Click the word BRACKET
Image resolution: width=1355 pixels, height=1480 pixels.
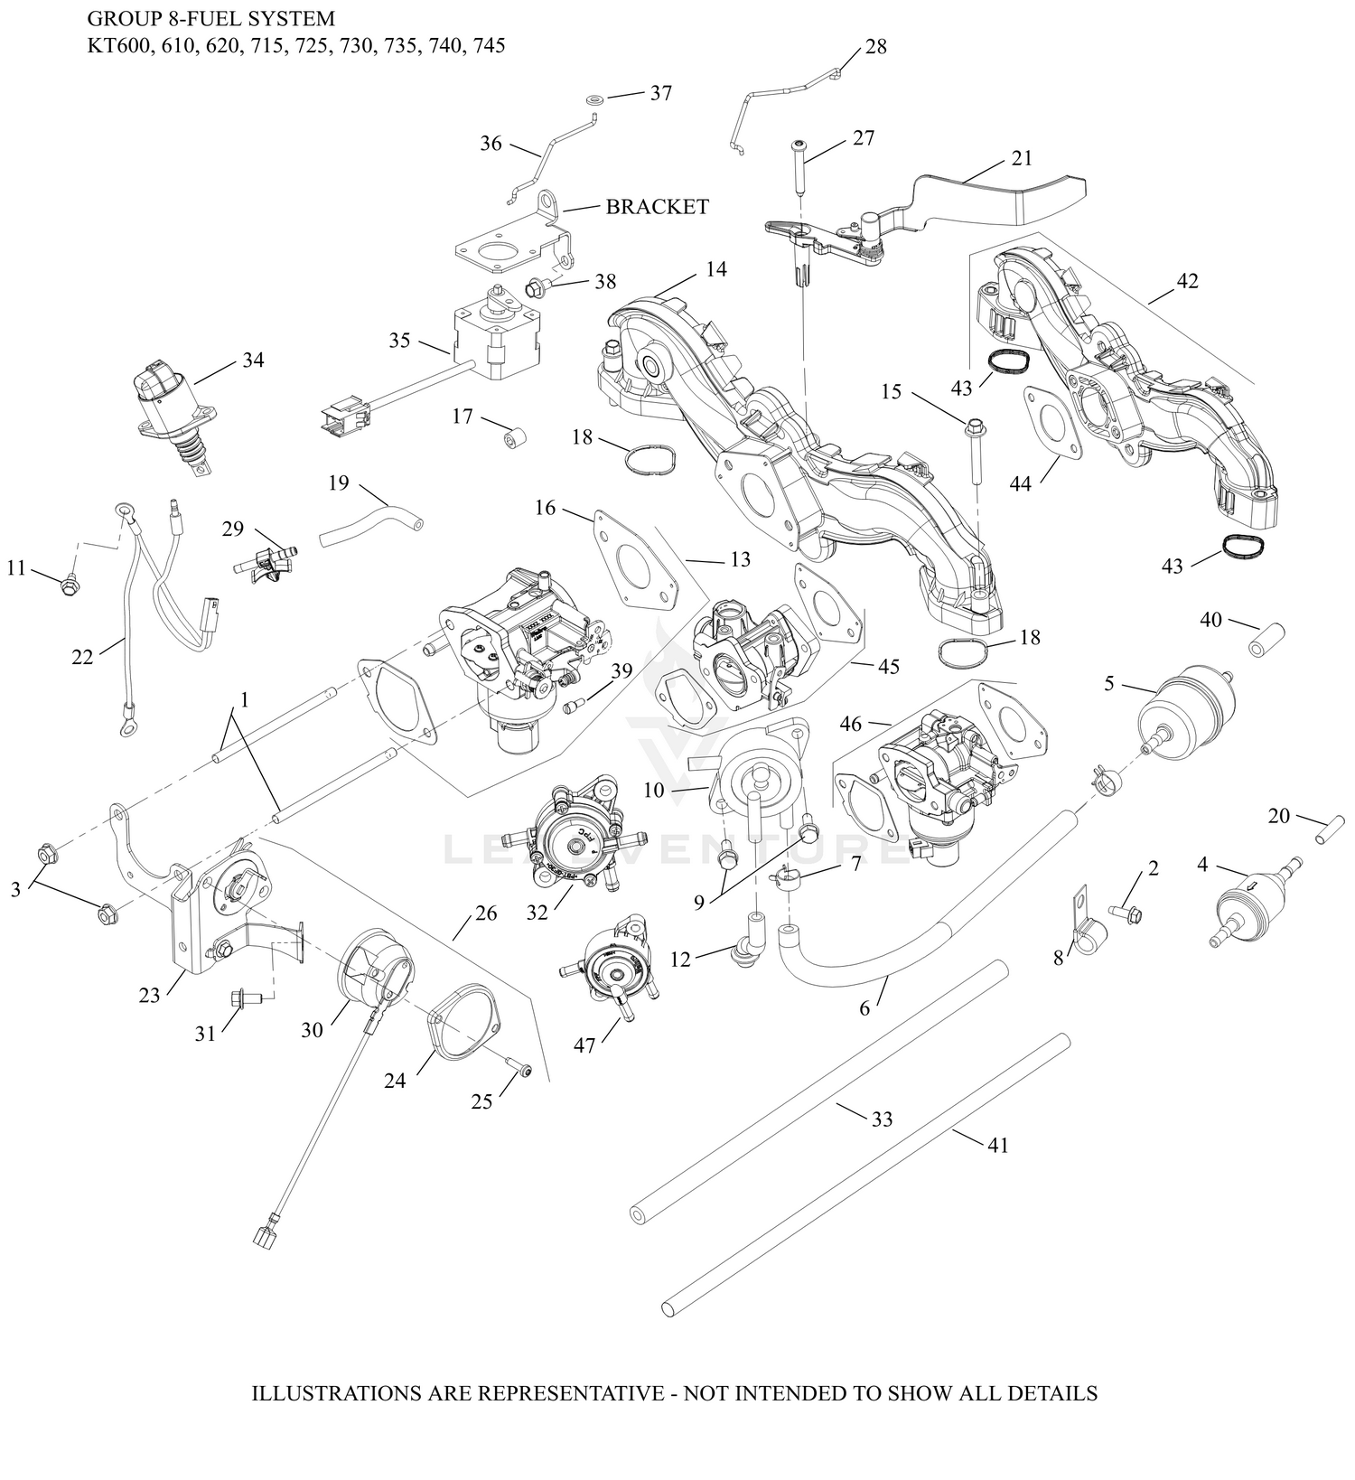point(657,207)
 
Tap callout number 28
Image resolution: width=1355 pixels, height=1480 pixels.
point(876,47)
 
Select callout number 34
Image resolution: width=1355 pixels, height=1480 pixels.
point(253,360)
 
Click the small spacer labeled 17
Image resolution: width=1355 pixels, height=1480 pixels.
point(516,439)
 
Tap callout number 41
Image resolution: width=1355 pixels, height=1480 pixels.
point(997,1145)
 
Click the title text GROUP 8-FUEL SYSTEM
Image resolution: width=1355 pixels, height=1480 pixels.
point(210,18)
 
